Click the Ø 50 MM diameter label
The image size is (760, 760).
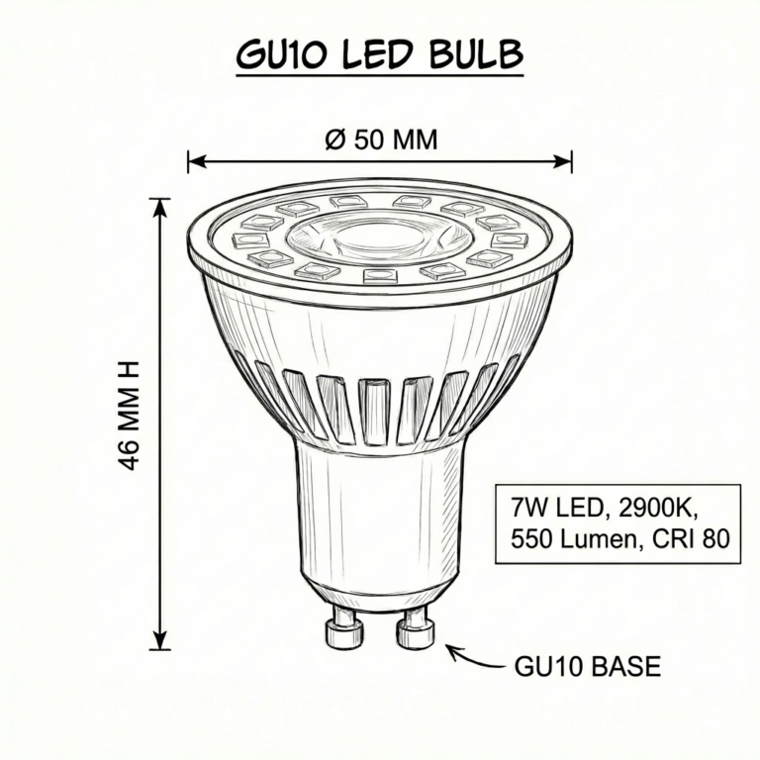tap(380, 141)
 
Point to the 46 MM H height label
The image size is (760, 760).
tap(130, 415)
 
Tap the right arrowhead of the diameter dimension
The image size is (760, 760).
tap(562, 161)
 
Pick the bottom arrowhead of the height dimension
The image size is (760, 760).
tap(160, 640)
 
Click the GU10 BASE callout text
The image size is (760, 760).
tap(588, 667)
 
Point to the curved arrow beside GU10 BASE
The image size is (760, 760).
tap(474, 657)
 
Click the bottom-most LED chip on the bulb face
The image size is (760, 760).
tap(380, 276)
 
